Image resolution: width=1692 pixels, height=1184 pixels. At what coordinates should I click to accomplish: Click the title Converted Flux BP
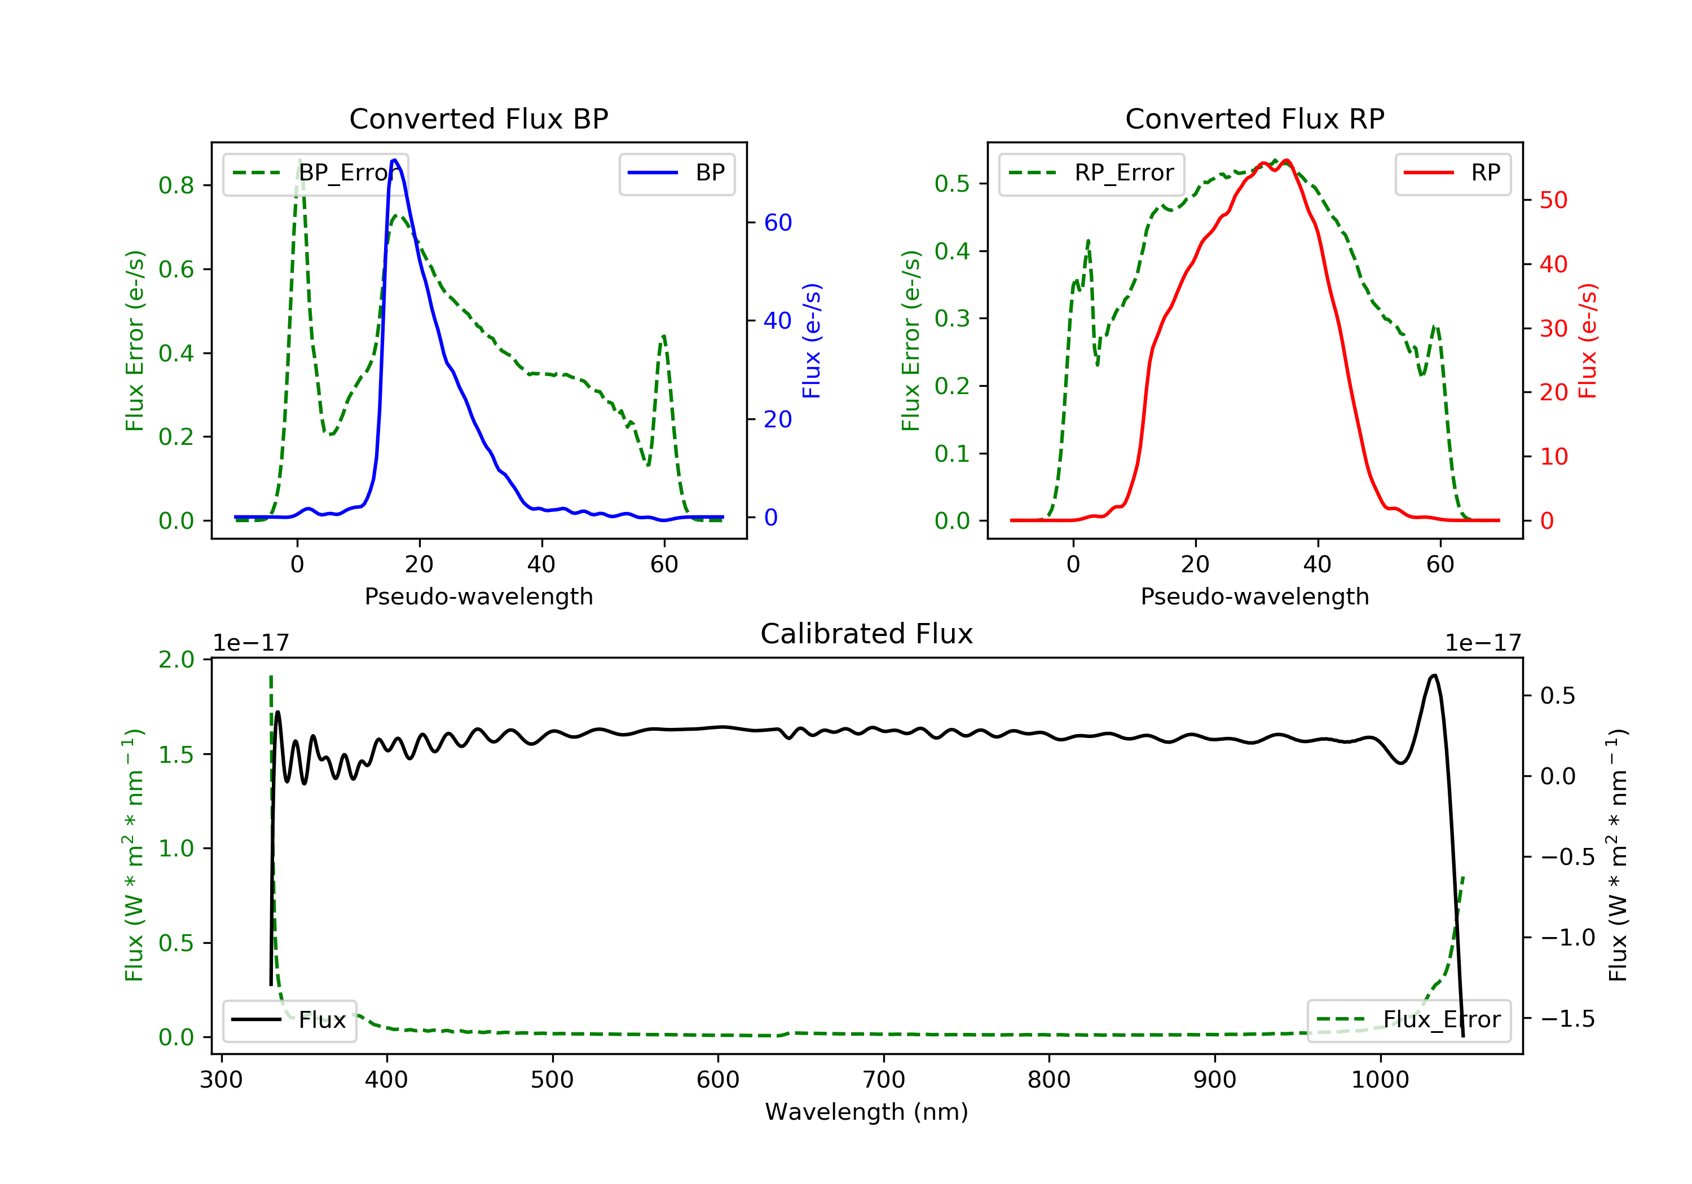coord(478,118)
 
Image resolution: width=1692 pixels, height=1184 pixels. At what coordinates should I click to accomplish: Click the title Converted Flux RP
coord(1254,118)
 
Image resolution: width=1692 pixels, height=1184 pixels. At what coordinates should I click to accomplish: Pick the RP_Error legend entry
coord(1091,173)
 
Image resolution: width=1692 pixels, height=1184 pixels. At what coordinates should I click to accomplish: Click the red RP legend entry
coord(1452,173)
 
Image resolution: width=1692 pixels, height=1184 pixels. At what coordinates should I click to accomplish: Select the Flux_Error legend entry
coord(1408,1020)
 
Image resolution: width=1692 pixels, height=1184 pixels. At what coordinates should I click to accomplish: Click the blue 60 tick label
coord(777,223)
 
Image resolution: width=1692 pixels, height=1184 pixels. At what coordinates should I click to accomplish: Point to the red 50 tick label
coord(1553,200)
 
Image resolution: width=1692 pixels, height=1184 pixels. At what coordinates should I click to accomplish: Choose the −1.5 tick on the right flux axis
coord(1568,1019)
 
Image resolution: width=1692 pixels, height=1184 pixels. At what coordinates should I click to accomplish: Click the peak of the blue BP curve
coord(394,160)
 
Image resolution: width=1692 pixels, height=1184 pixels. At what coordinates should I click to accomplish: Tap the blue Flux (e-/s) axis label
coord(812,341)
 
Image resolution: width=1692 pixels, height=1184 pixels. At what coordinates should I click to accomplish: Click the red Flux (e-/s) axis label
coord(1587,341)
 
